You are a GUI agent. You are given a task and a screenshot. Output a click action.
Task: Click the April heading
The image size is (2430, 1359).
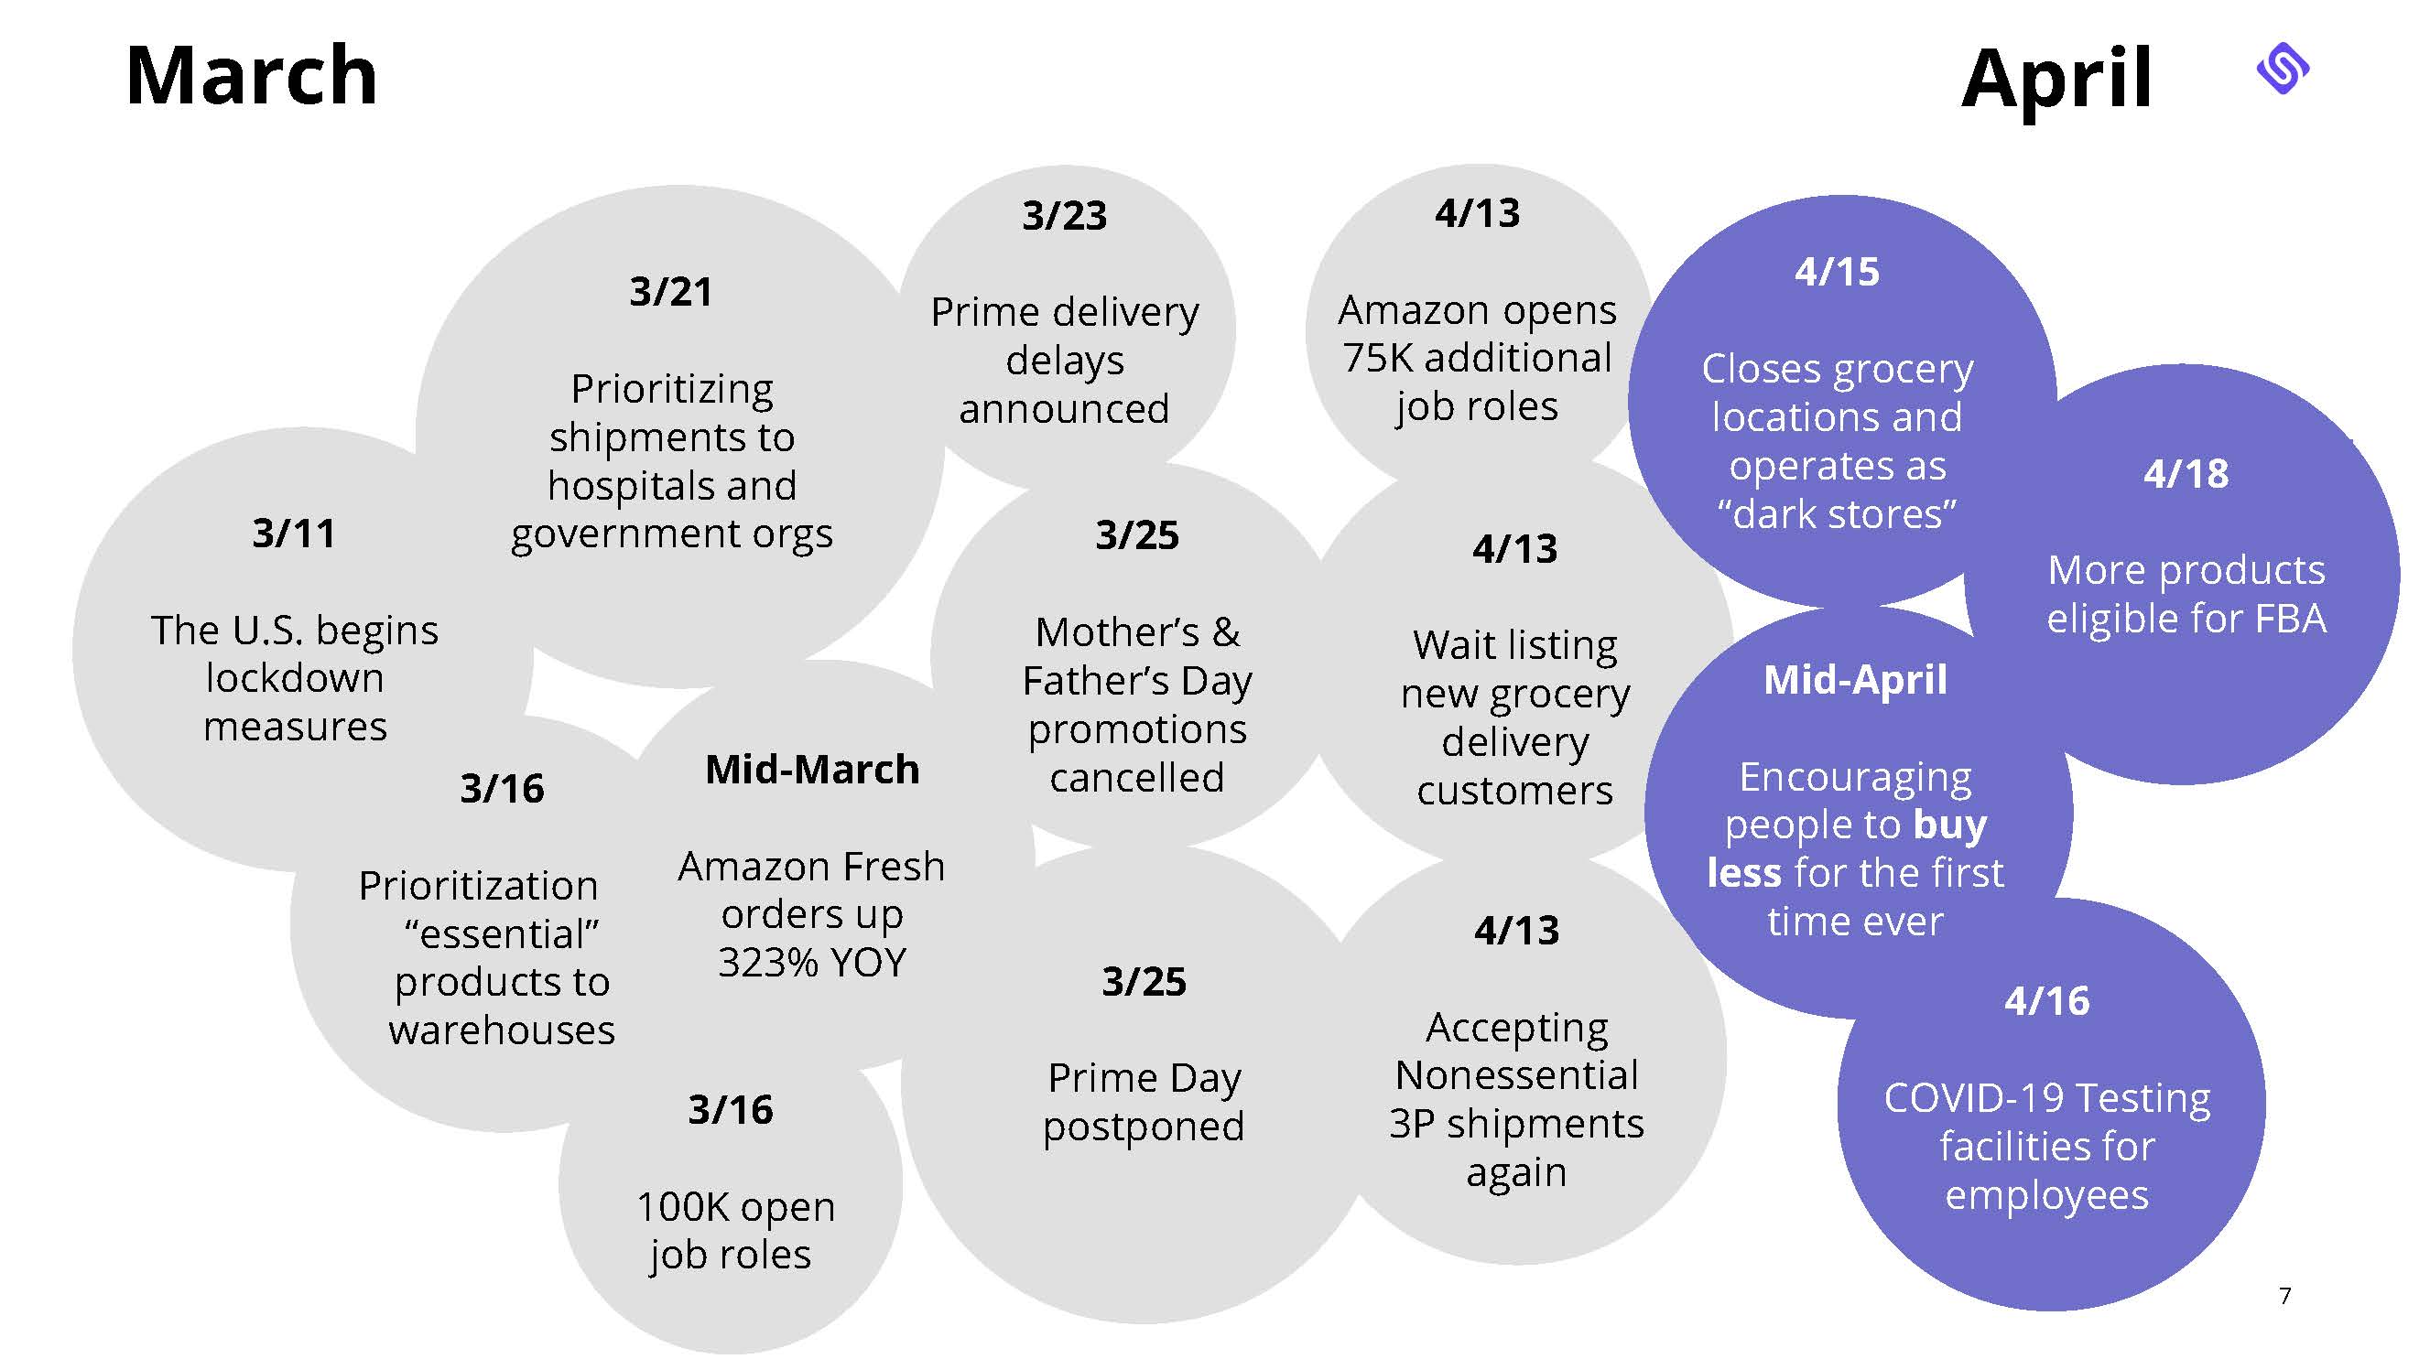(x=2056, y=80)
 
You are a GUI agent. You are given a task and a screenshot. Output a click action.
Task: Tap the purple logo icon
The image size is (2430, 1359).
(x=2283, y=69)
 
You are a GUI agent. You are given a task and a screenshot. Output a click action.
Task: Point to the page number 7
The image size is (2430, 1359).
(x=2284, y=1296)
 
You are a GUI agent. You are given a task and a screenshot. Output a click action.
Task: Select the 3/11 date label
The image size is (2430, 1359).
(x=293, y=534)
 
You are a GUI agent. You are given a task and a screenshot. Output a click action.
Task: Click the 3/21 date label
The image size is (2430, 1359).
(x=671, y=291)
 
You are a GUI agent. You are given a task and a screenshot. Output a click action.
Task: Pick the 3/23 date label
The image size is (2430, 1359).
(x=1064, y=216)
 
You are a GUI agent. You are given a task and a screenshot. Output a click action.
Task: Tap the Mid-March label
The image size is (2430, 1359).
(x=812, y=770)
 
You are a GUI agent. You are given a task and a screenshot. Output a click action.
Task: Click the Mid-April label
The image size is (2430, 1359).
(x=1855, y=680)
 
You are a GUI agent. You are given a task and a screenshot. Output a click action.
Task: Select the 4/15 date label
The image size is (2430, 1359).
(x=1837, y=272)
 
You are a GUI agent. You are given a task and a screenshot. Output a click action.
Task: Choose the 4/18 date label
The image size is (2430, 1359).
(x=2186, y=473)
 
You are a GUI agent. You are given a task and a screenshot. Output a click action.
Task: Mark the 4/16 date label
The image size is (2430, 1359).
(x=2047, y=1000)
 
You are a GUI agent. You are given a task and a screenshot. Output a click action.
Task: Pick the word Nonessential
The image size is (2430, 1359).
(x=1517, y=1075)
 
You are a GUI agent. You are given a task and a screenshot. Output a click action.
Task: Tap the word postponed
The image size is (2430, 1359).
(x=1144, y=1127)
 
